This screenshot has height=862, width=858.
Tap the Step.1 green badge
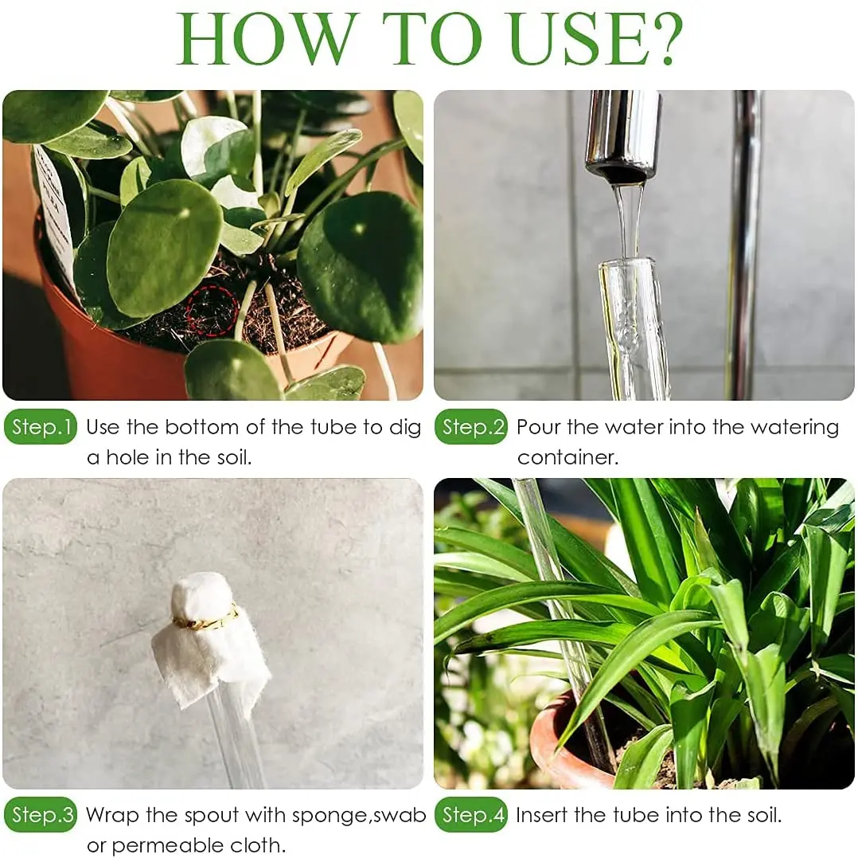coord(41,428)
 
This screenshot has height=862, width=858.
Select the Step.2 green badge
coord(471,428)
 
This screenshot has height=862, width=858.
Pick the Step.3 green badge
coord(41,815)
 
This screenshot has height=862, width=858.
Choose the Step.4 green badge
coord(471,815)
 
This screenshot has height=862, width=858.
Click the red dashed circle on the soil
coord(213,311)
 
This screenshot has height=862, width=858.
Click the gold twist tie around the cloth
coord(206,620)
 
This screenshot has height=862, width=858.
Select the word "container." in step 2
coord(567,458)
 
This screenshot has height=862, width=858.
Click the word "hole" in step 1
coord(131,458)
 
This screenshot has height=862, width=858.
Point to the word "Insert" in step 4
coord(541,815)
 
